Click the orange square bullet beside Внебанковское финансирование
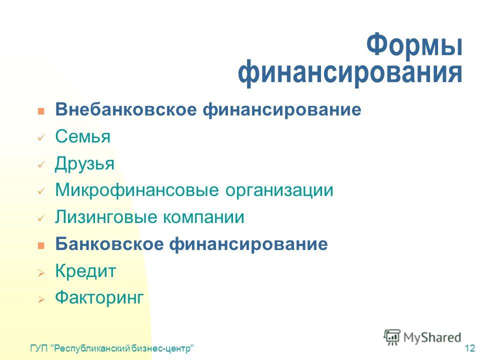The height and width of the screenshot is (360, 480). pos(41,111)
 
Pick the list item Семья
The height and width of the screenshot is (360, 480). pos(82,136)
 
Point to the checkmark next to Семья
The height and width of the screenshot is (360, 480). pos(41,138)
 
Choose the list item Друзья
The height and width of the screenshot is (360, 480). pos(85,163)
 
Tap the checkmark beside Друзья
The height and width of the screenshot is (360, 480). pos(41,164)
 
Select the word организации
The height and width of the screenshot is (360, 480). pos(279,190)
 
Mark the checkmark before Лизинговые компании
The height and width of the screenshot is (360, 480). pos(41,218)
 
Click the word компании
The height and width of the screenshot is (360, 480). pos(203,217)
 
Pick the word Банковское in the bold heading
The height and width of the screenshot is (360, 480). pos(109,244)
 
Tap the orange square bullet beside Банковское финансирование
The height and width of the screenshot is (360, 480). pos(41,245)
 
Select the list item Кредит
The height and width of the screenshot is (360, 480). pos(85,271)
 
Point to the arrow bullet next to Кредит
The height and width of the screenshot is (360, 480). pos(41,272)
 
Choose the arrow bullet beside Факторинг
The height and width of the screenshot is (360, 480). pos(41,299)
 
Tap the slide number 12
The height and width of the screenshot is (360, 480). pos(469,348)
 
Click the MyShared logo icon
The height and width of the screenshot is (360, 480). pos(392,337)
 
